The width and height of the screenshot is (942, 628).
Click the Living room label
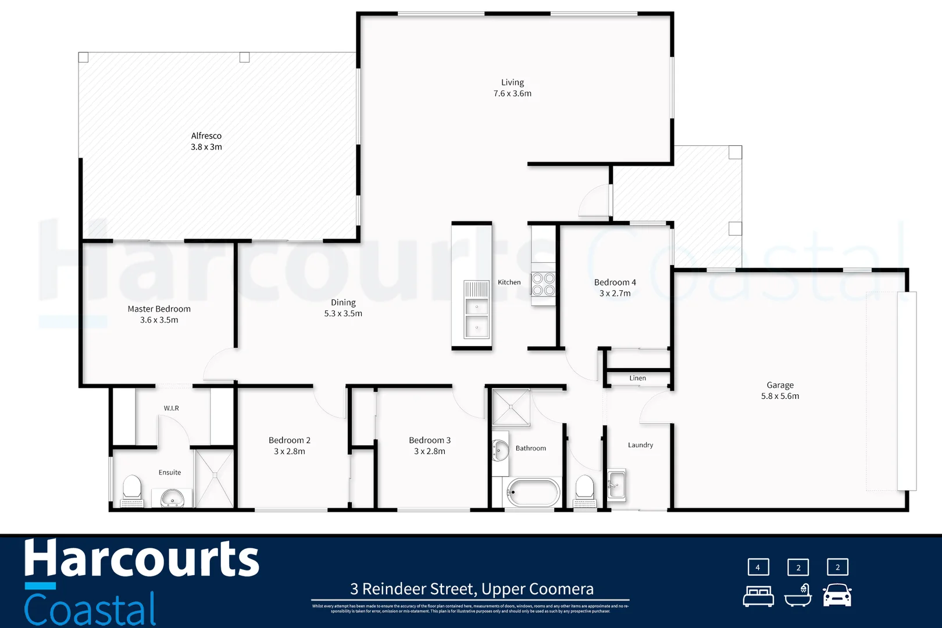[512, 88]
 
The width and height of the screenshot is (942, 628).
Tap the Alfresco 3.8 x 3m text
[206, 141]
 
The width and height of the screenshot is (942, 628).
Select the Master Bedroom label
[159, 314]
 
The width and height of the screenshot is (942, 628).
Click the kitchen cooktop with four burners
[543, 284]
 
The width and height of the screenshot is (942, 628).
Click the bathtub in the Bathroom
[533, 492]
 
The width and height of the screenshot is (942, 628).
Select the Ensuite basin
[172, 498]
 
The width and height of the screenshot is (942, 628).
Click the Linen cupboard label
[637, 378]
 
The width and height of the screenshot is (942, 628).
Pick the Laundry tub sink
[616, 484]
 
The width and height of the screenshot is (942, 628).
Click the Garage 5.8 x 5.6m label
[780, 390]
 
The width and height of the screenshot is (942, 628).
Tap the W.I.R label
[171, 408]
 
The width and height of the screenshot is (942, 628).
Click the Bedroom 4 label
[615, 287]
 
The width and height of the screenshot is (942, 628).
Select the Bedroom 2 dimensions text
[290, 451]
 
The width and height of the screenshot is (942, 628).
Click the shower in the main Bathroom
[511, 407]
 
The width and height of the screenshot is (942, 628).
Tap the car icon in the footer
[837, 595]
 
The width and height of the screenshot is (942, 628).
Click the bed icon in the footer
[758, 596]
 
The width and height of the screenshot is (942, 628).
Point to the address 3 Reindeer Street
[472, 589]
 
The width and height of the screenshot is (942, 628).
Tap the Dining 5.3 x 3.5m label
[343, 308]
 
